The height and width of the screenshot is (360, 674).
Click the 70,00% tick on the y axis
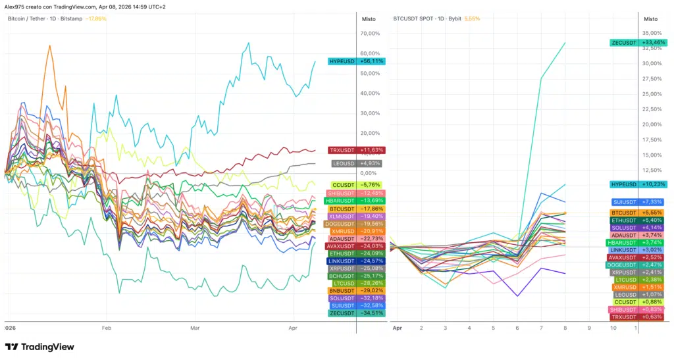click(x=370, y=34)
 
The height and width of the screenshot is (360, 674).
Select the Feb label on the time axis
click(x=105, y=327)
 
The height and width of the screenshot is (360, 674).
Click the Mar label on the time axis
click(x=195, y=327)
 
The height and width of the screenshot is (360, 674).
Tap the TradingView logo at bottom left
click(x=39, y=347)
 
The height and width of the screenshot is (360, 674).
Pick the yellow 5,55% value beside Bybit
click(x=472, y=19)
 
